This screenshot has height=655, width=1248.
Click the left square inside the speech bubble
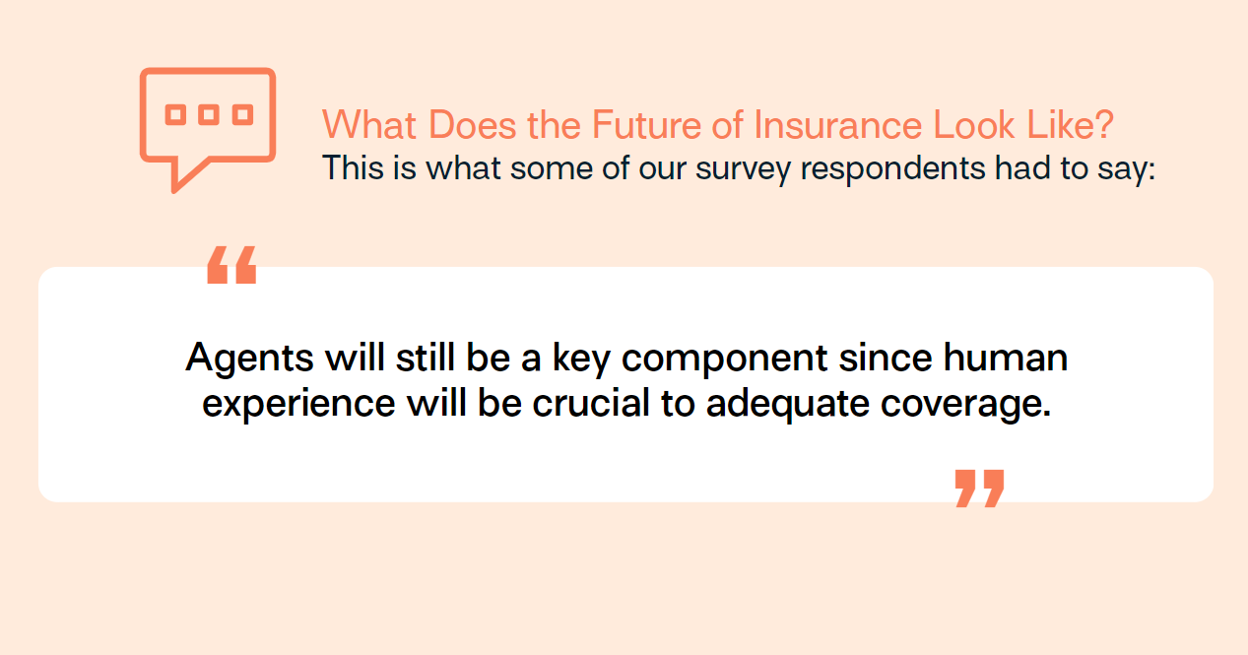click(175, 114)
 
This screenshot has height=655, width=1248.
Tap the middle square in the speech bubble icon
click(209, 114)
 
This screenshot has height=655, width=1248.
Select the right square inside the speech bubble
click(243, 114)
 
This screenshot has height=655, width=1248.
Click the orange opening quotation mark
click(231, 265)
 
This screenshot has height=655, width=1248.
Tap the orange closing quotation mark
click(979, 489)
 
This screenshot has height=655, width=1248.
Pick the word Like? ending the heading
click(1070, 124)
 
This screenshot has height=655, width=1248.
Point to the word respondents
click(892, 168)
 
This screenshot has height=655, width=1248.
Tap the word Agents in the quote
click(249, 360)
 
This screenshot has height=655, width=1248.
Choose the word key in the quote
click(581, 360)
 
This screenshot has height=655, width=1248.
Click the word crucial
click(591, 402)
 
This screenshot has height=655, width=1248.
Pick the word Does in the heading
click(473, 124)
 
